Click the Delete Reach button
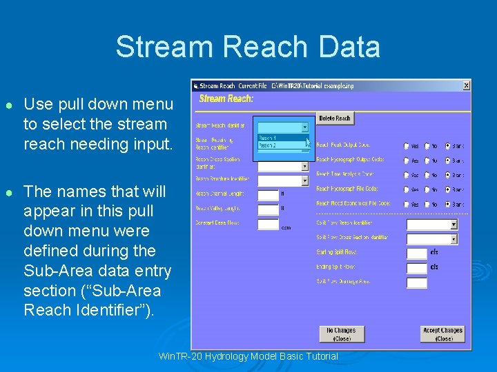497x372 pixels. point(335,118)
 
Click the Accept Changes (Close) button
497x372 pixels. point(442,334)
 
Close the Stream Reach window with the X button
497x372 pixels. point(466,85)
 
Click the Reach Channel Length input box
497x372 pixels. point(268,195)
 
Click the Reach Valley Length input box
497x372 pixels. point(268,209)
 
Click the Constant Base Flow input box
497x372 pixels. point(268,224)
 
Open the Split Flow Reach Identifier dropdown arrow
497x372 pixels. point(454,225)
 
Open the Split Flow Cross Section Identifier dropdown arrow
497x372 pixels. point(454,239)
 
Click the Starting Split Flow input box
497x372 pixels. point(417,253)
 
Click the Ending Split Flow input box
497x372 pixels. point(417,268)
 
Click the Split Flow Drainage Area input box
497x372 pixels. point(417,282)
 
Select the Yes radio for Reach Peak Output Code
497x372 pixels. point(407,146)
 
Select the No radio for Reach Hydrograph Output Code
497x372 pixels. point(427,160)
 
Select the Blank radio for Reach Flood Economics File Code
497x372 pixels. point(447,204)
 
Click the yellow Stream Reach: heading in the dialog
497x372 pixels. point(226,99)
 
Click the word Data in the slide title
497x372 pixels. point(349,47)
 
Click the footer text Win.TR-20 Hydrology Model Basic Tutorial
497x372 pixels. point(248,356)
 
